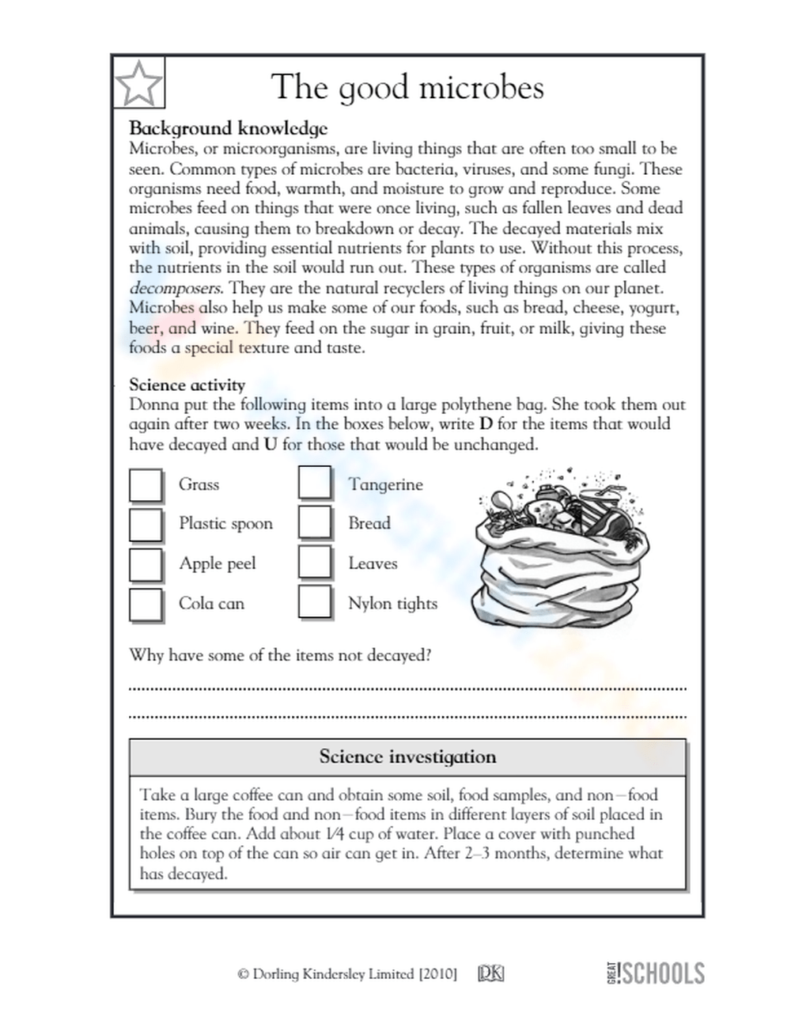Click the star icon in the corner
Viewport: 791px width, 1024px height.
click(139, 83)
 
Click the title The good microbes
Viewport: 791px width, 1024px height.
click(407, 87)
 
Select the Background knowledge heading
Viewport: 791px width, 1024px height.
click(228, 128)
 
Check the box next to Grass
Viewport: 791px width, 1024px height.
click(146, 485)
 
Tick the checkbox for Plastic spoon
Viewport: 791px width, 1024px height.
click(146, 524)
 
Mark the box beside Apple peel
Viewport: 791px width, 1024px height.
click(146, 564)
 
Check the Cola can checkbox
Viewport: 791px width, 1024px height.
click(146, 604)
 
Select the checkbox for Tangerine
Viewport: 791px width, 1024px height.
click(315, 483)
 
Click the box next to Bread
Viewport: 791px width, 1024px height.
click(315, 522)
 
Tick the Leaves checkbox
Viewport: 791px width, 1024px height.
click(315, 563)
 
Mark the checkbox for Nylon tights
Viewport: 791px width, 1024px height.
click(315, 602)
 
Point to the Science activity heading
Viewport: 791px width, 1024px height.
click(187, 385)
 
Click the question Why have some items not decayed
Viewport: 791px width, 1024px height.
click(280, 655)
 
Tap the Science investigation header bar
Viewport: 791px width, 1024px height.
click(407, 757)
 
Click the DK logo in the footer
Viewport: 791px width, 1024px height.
click(490, 974)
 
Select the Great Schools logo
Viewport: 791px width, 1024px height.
click(656, 973)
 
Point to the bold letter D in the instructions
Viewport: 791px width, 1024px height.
click(486, 424)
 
